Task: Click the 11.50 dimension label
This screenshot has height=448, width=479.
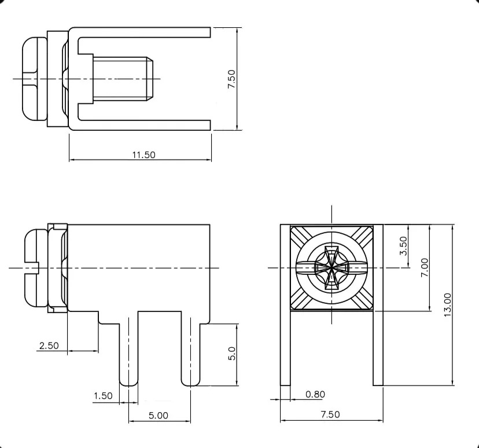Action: [143, 155]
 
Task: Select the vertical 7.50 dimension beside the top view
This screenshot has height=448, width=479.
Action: [231, 79]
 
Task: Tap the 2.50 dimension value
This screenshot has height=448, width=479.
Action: [49, 346]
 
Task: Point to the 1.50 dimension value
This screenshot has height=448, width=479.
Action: [103, 396]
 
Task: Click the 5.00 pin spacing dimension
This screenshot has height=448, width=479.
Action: [159, 415]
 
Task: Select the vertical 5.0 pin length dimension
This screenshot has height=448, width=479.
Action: [231, 354]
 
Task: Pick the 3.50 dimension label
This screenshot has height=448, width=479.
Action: [403, 246]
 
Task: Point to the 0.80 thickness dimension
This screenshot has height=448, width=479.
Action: [315, 394]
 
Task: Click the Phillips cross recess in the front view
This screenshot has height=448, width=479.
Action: [331, 267]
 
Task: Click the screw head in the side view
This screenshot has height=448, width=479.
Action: [36, 267]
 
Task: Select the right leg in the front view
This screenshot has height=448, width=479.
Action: [377, 347]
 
